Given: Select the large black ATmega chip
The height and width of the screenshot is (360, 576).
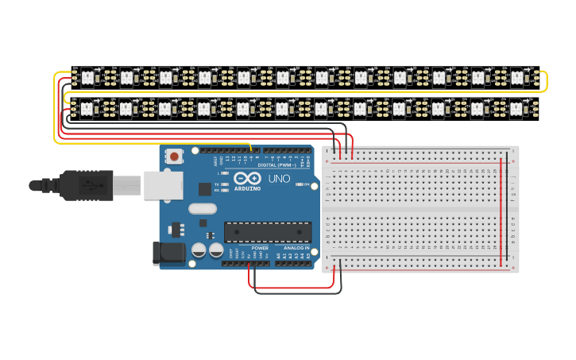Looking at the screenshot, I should click(x=267, y=231).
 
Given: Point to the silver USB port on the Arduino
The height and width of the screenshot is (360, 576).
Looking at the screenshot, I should click(x=163, y=184).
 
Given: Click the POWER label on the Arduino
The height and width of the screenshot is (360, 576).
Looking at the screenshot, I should click(x=259, y=248).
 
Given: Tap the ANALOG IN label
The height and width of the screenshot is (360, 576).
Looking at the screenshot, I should click(x=296, y=248).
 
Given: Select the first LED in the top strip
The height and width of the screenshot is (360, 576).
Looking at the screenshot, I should click(x=87, y=77).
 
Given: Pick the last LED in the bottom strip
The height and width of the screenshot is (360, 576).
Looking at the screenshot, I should click(x=516, y=107).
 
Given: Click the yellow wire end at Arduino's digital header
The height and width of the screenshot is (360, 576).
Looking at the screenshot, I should click(x=251, y=149).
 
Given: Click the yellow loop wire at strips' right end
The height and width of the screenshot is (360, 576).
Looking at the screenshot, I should click(x=545, y=82).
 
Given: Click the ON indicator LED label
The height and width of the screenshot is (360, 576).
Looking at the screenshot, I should click(x=307, y=184).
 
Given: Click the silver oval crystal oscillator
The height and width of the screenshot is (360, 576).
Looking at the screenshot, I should click(x=202, y=209).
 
